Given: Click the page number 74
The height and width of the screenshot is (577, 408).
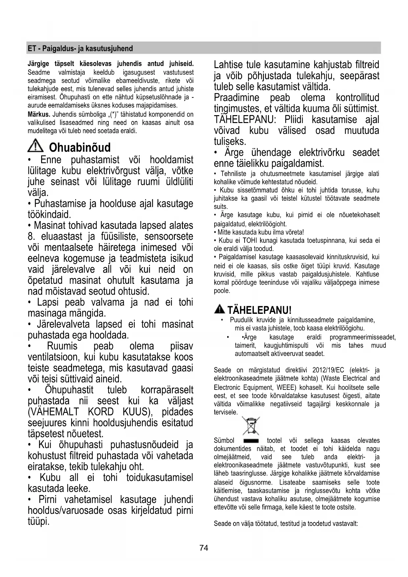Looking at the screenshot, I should pos(204,548).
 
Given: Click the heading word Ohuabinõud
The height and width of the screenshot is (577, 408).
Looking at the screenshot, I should pos(80,147).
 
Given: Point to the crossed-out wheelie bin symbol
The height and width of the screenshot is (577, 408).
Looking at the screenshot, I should pos(251,426).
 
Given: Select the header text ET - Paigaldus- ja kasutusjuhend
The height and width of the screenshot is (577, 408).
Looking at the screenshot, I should pos(80,49).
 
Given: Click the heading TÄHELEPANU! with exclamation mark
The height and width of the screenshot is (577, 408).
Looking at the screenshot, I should pos(259,310).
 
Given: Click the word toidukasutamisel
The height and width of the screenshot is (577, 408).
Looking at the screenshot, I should pos(159,477).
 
